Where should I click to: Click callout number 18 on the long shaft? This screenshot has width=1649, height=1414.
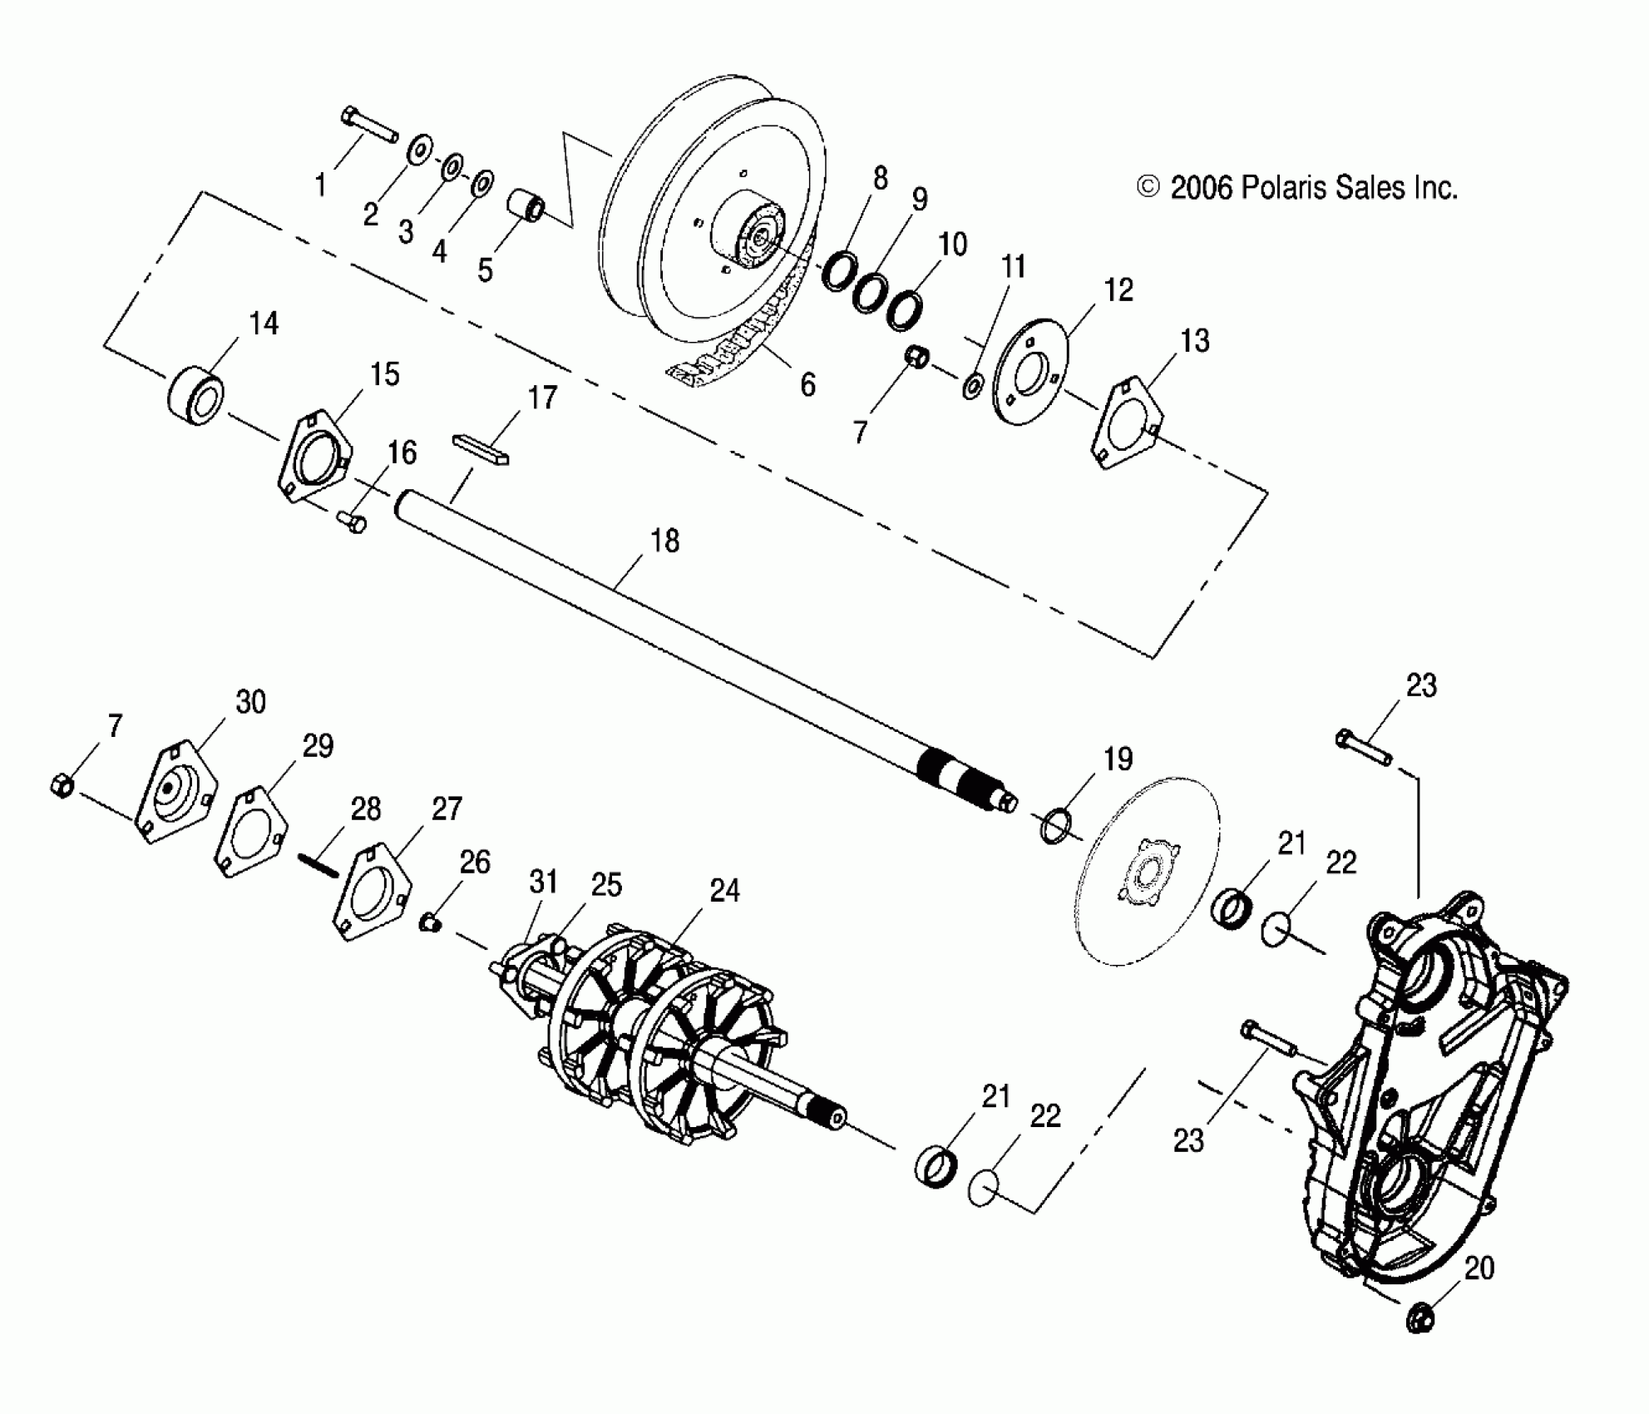click(664, 541)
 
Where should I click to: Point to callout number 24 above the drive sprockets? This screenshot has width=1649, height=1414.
click(724, 891)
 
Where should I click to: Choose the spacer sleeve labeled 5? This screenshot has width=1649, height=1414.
click(526, 208)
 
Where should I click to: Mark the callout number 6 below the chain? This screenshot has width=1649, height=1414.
click(807, 384)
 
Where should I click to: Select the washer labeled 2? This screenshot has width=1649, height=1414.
click(419, 151)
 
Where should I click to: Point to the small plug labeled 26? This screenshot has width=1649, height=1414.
click(429, 922)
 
